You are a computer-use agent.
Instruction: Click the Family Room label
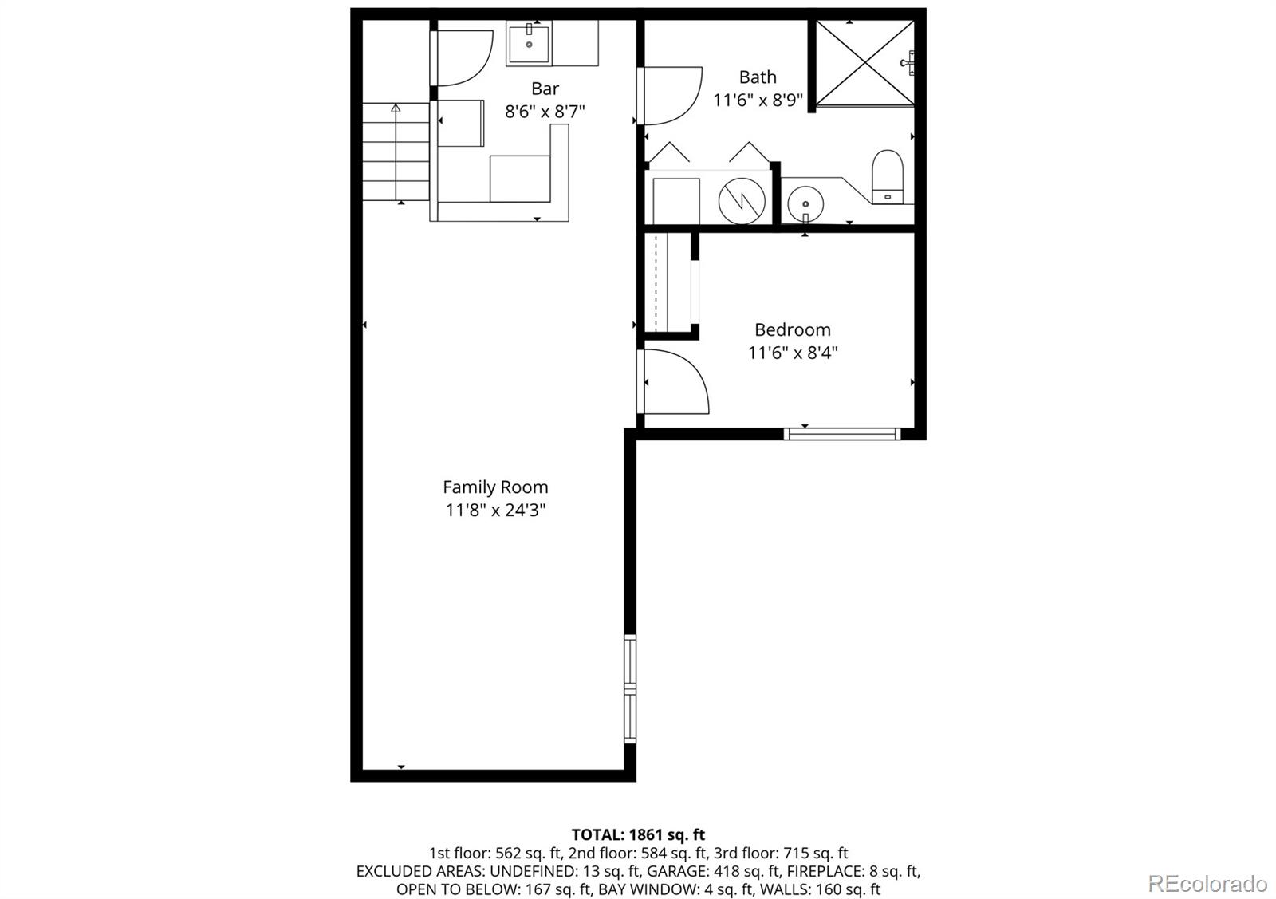(495, 487)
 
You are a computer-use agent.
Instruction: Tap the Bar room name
(545, 89)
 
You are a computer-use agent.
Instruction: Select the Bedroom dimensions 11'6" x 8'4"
(793, 353)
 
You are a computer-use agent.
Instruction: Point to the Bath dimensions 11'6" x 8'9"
(758, 100)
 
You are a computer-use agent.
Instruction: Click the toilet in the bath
(887, 177)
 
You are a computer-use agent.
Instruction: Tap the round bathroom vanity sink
(805, 203)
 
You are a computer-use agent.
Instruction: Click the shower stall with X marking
(864, 62)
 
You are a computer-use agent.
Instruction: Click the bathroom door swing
(671, 96)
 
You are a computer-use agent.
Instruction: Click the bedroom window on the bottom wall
(841, 434)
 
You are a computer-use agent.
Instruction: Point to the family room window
(630, 688)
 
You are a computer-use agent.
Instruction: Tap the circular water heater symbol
(742, 200)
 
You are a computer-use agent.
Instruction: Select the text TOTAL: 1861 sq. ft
(638, 835)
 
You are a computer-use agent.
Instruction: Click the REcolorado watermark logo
(1207, 883)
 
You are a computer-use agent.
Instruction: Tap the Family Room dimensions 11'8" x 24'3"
(495, 510)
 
